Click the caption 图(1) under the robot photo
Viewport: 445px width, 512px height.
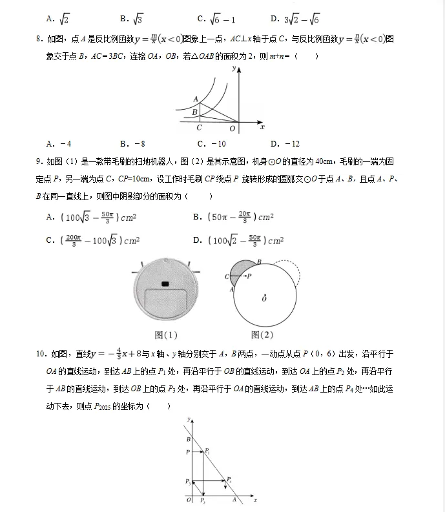[166, 335]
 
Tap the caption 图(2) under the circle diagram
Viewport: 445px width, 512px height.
[262, 334]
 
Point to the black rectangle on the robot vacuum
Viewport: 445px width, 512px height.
[165, 284]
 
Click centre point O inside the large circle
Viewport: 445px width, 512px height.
[264, 298]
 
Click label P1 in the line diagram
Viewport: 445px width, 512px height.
[207, 450]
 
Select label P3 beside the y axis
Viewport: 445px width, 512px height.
[187, 482]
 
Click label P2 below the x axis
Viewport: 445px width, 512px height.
[203, 501]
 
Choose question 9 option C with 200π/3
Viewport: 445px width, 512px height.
[93, 241]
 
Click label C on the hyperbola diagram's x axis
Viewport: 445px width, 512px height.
[200, 128]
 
